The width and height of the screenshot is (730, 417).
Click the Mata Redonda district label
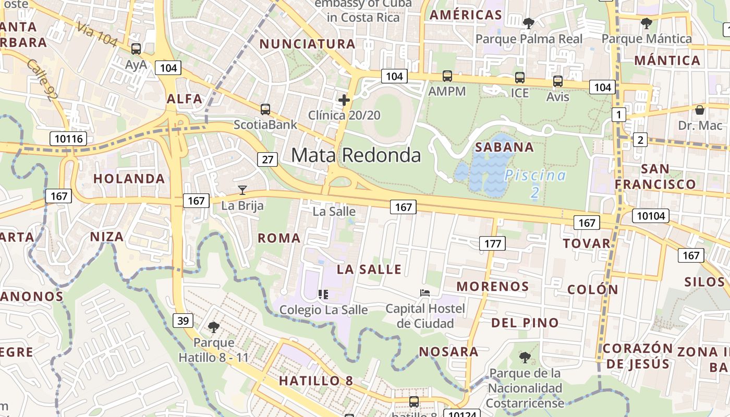pyautogui.click(x=356, y=155)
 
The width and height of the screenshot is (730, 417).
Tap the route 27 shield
pyautogui.click(x=267, y=159)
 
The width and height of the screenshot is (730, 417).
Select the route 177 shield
pyautogui.click(x=492, y=243)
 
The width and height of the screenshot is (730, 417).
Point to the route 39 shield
pyautogui.click(x=183, y=320)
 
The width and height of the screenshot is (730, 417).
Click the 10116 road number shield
pyautogui.click(x=68, y=139)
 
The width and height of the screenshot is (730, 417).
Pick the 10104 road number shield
pyautogui.click(x=650, y=216)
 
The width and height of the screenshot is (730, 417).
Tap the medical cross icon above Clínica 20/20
pyautogui.click(x=344, y=100)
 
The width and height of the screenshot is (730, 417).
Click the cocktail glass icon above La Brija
pyautogui.click(x=242, y=190)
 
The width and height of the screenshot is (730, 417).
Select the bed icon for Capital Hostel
pyautogui.click(x=425, y=293)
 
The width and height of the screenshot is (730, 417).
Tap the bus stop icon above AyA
pyautogui.click(x=136, y=49)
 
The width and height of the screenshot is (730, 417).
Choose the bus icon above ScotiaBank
pyautogui.click(x=265, y=109)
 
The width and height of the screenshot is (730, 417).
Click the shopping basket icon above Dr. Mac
pyautogui.click(x=700, y=110)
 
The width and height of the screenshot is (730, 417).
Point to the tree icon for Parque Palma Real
pyautogui.click(x=528, y=23)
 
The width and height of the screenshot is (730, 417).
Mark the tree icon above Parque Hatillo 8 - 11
pyautogui.click(x=213, y=327)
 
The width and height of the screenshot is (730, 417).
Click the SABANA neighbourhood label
pyautogui.click(x=504, y=147)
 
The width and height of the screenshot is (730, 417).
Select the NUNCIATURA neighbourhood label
pyautogui.click(x=308, y=44)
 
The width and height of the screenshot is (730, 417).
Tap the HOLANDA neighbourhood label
pyautogui.click(x=129, y=179)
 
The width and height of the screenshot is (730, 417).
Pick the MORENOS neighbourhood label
pyautogui.click(x=493, y=286)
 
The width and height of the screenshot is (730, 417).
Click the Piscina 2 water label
pyautogui.click(x=535, y=183)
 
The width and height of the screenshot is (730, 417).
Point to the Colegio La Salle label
pyautogui.click(x=323, y=310)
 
